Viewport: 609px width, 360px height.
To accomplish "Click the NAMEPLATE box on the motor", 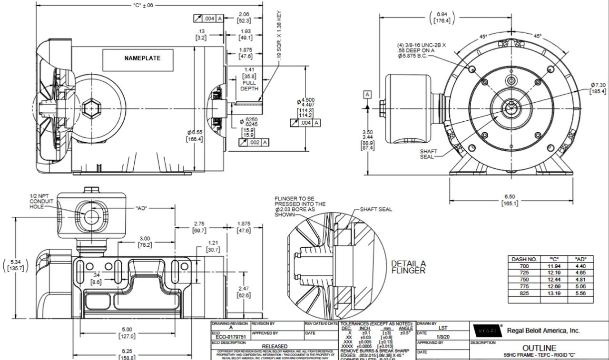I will coord(142,58).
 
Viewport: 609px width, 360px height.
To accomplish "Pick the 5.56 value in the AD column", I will coord(580,293).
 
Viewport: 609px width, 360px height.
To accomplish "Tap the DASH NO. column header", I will coord(524,259).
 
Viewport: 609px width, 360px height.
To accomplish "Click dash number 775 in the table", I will coord(524,287).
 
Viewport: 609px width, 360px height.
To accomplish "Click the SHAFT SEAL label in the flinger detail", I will coord(375,209).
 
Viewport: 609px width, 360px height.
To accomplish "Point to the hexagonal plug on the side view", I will coord(90,109).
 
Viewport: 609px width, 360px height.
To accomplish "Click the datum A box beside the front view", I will coord(367,95).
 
